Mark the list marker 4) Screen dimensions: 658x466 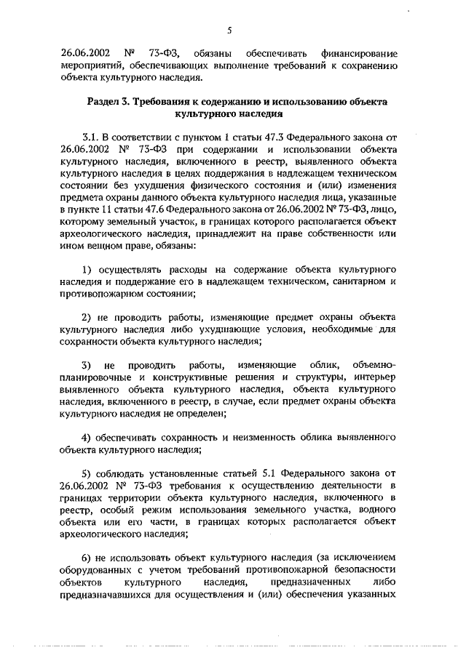[x=87, y=438]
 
